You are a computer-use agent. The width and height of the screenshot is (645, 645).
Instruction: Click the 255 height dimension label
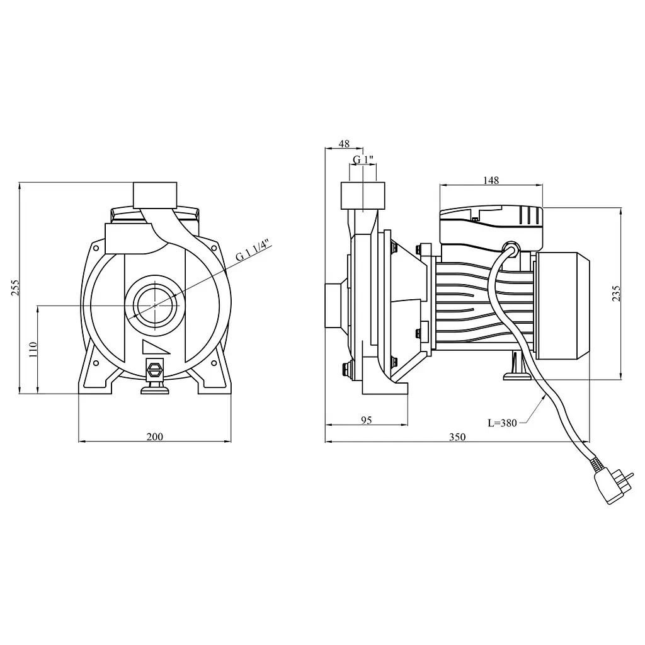15,288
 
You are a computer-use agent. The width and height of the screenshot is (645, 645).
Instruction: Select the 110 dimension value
33,349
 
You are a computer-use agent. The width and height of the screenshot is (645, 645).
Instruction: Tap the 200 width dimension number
155,437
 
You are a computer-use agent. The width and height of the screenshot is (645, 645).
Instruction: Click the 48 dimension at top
344,144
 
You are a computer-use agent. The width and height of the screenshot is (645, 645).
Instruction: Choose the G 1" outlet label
363,159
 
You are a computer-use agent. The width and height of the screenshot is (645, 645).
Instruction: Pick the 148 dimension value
491,180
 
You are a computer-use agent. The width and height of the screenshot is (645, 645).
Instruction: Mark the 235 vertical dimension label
616,294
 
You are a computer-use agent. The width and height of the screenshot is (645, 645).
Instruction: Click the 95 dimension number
366,420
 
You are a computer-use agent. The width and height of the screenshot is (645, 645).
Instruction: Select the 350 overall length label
457,437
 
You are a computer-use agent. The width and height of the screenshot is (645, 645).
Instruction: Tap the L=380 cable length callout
502,423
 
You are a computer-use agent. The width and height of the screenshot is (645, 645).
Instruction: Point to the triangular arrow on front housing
154,347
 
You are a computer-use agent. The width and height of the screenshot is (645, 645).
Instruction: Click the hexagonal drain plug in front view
155,368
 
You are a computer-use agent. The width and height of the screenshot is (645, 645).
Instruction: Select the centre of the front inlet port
155,305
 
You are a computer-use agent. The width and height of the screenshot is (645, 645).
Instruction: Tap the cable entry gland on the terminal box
511,248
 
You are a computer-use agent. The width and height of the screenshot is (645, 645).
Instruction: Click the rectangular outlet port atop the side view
363,196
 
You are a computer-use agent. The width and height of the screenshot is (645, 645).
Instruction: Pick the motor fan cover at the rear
562,305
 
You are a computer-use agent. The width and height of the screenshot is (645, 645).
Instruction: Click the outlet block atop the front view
155,195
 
